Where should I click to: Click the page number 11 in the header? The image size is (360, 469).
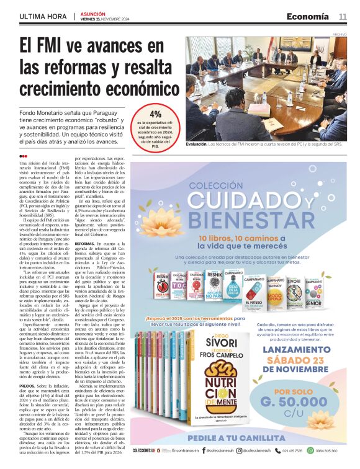coord(343,17)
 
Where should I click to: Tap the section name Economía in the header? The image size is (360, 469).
coord(307,17)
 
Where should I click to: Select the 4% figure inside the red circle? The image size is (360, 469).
coord(155,114)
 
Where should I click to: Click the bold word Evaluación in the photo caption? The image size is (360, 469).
coord(199,143)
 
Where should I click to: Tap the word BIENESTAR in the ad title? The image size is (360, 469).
coord(247,220)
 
